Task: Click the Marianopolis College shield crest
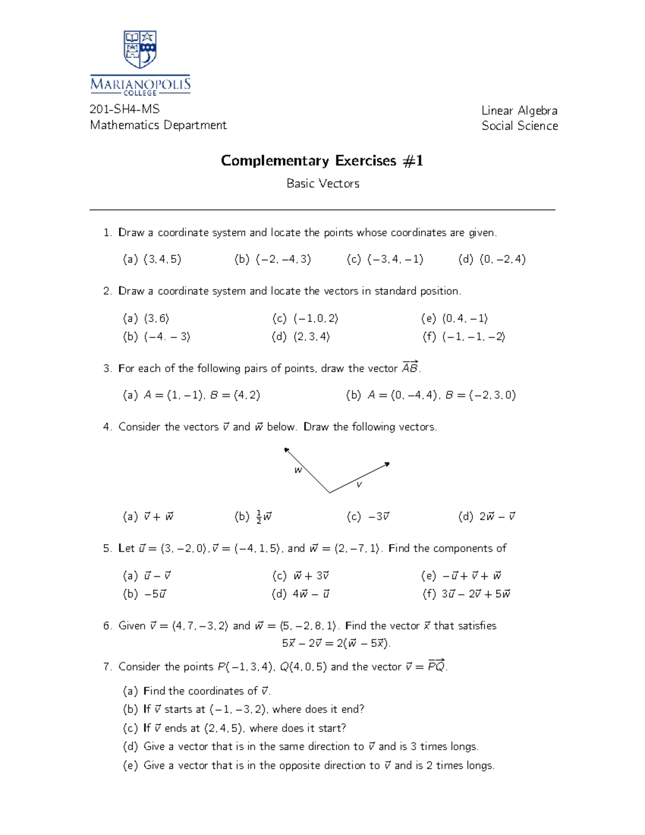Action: click(140, 49)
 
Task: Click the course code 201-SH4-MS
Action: click(125, 109)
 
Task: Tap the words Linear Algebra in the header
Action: click(519, 111)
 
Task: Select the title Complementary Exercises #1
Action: click(322, 161)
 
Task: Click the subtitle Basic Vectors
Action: click(322, 183)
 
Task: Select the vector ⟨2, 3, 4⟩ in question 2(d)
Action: click(312, 337)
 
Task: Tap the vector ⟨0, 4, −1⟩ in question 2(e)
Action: click(465, 318)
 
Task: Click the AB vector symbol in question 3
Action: click(410, 368)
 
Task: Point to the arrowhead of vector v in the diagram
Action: click(387, 463)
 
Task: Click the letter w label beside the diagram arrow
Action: click(298, 470)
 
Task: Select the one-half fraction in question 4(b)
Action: click(259, 517)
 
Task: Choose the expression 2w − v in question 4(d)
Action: click(497, 517)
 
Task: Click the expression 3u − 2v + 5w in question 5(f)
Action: click(476, 594)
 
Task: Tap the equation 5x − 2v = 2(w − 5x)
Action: click(336, 643)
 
